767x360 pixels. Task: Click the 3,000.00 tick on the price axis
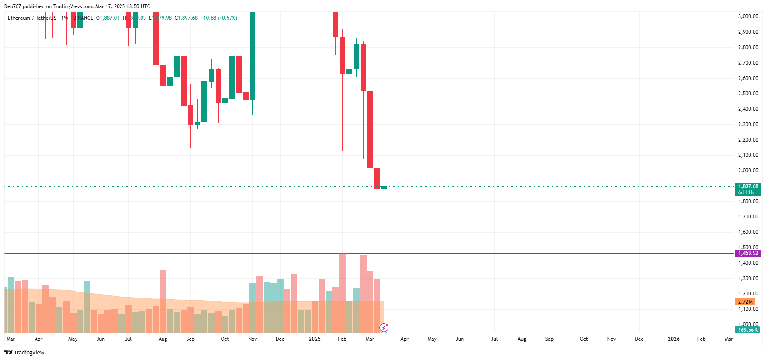tap(748, 16)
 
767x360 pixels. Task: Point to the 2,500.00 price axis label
tap(748, 94)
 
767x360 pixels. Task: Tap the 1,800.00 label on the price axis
tap(748, 201)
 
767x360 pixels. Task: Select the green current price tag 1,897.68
tap(748, 186)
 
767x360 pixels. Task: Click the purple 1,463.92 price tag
tap(748, 253)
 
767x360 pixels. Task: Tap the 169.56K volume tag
tap(747, 330)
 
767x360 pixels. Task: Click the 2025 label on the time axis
tap(314, 339)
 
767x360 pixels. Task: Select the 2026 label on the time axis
tap(673, 339)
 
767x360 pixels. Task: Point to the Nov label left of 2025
tap(252, 339)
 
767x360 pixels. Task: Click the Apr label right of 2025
tap(404, 339)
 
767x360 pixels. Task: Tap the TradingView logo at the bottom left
tap(24, 352)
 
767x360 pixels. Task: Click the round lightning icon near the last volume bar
tap(384, 328)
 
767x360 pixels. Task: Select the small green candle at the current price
tap(384, 187)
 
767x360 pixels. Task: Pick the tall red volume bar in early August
tap(163, 301)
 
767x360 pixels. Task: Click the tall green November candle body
tap(252, 56)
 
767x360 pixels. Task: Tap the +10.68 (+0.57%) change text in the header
tap(219, 18)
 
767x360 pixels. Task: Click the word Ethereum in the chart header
tap(19, 18)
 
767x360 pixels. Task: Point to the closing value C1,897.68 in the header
tap(186, 18)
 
